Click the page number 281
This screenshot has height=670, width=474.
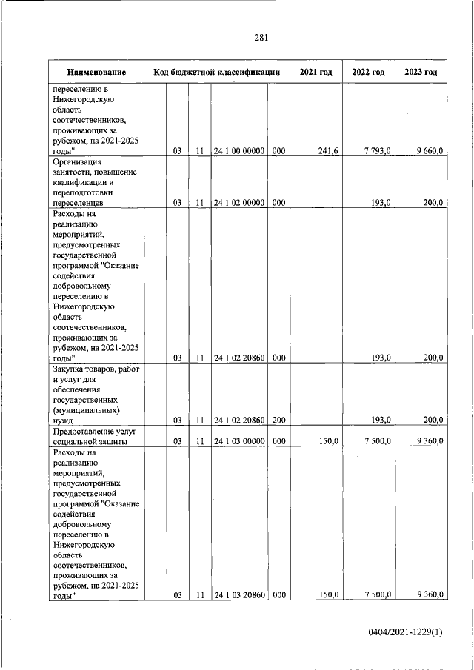point(260,38)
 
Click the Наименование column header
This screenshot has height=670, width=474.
point(96,73)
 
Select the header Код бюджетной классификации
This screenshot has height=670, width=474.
point(216,73)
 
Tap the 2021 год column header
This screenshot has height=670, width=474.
point(316,73)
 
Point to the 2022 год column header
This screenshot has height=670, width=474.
point(368,73)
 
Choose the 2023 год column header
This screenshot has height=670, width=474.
point(421,73)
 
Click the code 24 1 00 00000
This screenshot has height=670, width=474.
point(238,151)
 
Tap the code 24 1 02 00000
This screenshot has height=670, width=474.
point(238,201)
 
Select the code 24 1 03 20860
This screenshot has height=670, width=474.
point(238,594)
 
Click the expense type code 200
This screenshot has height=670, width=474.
point(278,420)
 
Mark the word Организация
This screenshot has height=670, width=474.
point(78,161)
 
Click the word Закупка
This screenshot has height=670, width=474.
point(70,369)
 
